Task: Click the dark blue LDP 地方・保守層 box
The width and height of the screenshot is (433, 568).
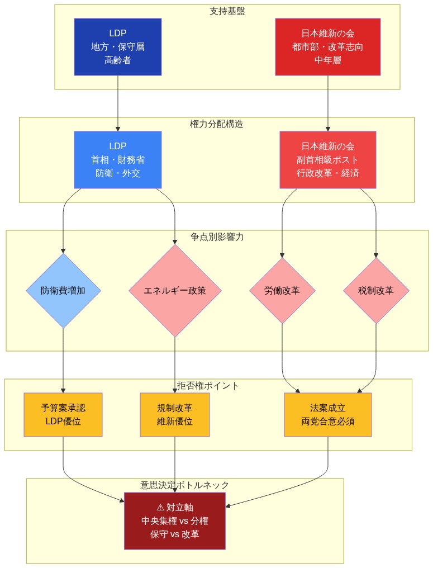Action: coord(117,47)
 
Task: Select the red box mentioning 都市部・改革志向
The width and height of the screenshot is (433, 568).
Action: coord(327,47)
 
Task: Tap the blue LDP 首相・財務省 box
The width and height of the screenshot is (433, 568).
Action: coord(117,160)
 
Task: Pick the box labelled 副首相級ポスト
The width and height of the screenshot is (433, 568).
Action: coord(327,160)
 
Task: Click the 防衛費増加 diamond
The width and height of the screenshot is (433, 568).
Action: coord(63,291)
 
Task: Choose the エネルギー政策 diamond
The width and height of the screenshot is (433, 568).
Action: coord(175,291)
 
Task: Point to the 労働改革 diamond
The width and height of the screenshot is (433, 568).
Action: coord(282,291)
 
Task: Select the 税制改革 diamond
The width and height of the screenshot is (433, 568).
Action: coord(376,291)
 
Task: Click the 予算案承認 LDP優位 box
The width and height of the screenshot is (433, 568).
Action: coord(63,415)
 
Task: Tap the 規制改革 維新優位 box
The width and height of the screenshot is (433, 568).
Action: coord(175,415)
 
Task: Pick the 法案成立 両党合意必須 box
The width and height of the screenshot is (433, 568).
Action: coord(327,415)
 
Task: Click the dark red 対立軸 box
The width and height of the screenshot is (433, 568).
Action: coord(175,520)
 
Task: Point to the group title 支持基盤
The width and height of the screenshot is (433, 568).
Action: coord(227,11)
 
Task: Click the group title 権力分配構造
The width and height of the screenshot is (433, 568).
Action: coord(217,124)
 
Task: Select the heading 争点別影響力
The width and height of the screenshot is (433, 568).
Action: coord(217,237)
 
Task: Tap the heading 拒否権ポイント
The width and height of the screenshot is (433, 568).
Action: coord(208,386)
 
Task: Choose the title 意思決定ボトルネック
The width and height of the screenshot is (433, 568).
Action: coord(185,485)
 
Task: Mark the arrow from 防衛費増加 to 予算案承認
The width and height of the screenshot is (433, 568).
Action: coord(63,361)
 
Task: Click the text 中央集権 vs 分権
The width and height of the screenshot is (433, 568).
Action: coord(175,520)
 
